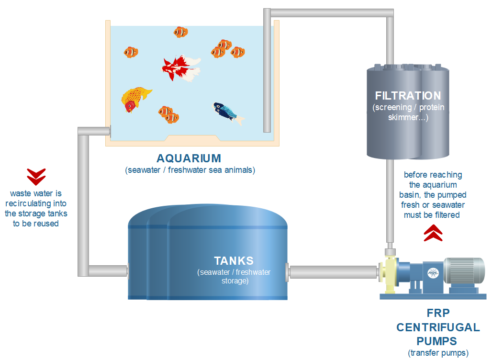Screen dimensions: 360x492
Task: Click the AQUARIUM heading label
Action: tap(189, 158)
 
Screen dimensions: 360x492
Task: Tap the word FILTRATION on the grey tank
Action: tap(408, 96)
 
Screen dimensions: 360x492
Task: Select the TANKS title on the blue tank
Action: tap(234, 261)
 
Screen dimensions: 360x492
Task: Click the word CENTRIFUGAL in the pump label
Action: tap(437, 328)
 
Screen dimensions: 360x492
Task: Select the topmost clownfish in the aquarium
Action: tap(181, 32)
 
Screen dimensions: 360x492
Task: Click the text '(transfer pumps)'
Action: tap(437, 353)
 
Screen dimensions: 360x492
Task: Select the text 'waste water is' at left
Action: tap(36, 194)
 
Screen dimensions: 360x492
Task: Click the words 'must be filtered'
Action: tap(432, 215)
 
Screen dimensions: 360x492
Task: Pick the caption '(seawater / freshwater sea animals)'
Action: tap(189, 170)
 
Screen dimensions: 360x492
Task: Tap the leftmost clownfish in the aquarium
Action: tap(131, 52)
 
